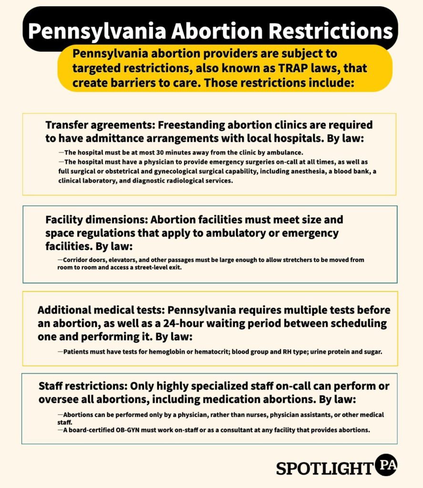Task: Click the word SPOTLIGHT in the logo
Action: (324, 468)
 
